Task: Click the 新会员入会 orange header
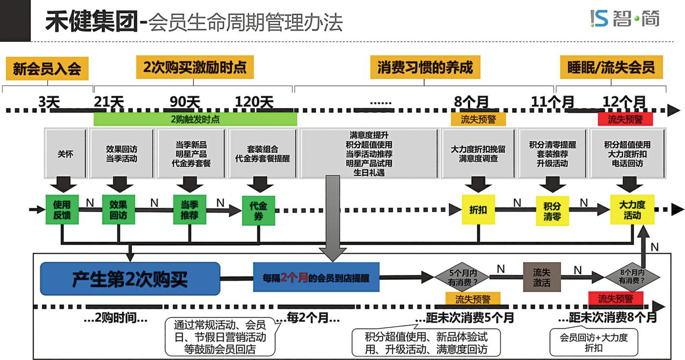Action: [x=47, y=69]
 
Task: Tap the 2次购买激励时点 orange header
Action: [x=195, y=67]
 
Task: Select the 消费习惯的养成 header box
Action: [x=425, y=67]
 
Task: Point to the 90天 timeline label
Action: [x=185, y=102]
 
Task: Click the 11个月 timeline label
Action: [x=553, y=102]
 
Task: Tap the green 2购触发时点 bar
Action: [x=195, y=119]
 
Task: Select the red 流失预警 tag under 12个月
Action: [x=625, y=119]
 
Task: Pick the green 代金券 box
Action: [x=258, y=210]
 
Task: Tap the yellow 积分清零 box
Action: [x=552, y=210]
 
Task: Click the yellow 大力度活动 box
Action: [x=632, y=210]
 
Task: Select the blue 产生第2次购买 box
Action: [x=130, y=279]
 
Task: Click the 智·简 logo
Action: [x=625, y=19]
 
